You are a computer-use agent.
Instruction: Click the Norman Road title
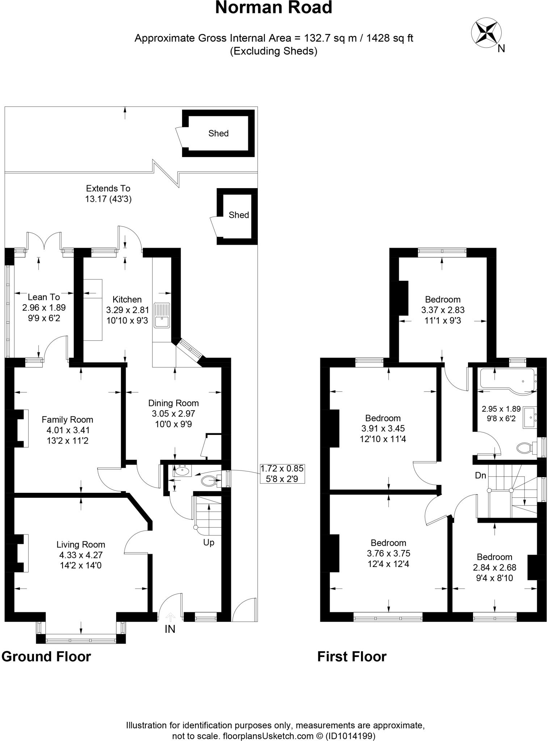[x=274, y=8]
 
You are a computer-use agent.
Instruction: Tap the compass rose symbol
[x=486, y=33]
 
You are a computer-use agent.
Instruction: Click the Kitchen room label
[x=127, y=299]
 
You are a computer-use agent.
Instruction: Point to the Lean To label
[x=44, y=297]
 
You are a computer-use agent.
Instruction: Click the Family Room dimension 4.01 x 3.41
[x=68, y=430]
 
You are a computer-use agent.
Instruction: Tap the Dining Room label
[x=173, y=403]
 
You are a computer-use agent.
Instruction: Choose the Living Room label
[x=81, y=545]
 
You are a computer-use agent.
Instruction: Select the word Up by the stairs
[x=208, y=543]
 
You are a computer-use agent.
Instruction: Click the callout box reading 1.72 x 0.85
[x=282, y=474]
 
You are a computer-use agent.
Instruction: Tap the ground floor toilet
[x=209, y=482]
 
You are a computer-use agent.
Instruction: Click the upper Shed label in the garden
[x=218, y=134]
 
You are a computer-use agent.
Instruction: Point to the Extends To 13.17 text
[x=108, y=194]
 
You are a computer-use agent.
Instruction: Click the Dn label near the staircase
[x=480, y=475]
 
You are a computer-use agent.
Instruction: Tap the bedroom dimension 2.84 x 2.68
[x=494, y=568]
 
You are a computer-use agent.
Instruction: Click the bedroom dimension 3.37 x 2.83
[x=443, y=310]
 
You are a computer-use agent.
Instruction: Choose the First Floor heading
[x=352, y=656]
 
